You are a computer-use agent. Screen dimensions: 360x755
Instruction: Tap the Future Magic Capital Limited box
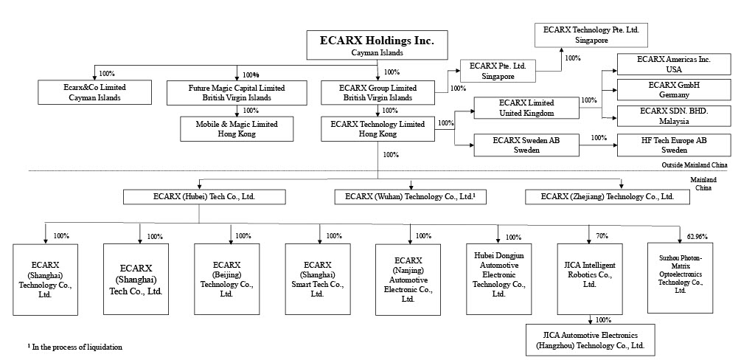point(237,92)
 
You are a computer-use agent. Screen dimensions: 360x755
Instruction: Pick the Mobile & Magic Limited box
point(237,129)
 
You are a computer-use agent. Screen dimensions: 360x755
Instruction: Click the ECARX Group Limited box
point(378,92)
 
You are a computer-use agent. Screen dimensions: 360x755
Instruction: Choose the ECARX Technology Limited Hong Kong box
point(378,129)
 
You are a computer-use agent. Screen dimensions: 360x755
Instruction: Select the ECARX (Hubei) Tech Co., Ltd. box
point(203,197)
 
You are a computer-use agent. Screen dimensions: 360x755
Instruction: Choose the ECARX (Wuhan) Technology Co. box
point(411,197)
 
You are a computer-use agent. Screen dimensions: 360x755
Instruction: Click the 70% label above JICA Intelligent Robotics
point(602,236)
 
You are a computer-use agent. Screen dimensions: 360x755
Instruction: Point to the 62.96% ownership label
point(696,237)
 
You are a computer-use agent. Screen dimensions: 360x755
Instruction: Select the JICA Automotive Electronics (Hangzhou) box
point(591,339)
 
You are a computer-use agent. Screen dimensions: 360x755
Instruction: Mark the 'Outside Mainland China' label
point(695,166)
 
